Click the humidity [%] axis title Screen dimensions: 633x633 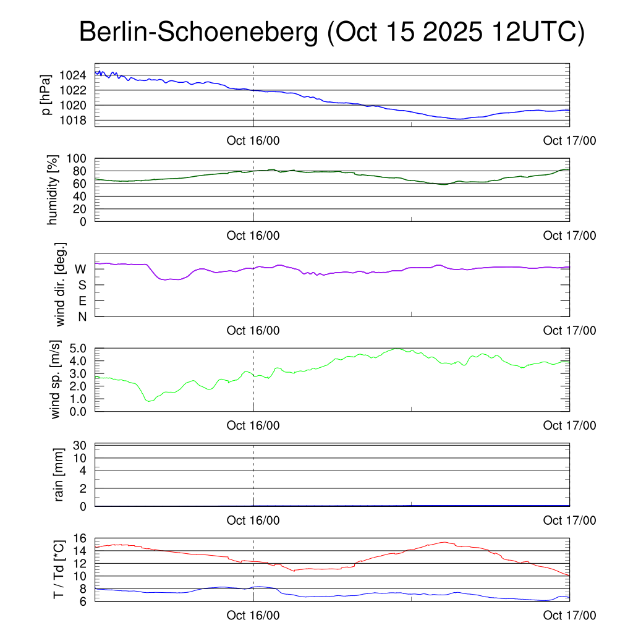pos(53,190)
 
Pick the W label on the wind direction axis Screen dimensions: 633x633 pos(80,269)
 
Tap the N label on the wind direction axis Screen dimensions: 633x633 pos(82,316)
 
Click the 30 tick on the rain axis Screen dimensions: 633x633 pos(79,445)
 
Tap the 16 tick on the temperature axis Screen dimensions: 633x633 pos(80,538)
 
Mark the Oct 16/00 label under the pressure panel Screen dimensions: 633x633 pos(253,140)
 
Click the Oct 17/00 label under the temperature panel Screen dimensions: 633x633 pos(569,615)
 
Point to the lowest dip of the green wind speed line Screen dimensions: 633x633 pos(148,401)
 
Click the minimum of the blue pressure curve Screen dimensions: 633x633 pos(459,119)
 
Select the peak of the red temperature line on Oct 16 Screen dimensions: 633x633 pos(444,542)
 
